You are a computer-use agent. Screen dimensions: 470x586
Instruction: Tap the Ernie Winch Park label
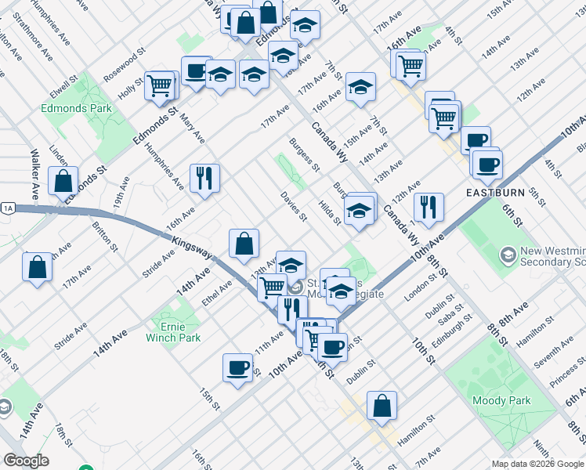(x=173, y=332)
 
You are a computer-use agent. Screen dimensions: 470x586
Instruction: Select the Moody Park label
(x=501, y=400)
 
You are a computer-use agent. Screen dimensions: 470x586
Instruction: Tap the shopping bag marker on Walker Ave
(x=63, y=181)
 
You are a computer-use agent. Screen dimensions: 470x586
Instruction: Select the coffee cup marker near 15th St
(x=237, y=367)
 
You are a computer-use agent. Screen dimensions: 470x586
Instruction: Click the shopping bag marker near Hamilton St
(x=382, y=406)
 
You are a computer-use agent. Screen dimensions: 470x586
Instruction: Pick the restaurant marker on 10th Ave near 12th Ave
(x=429, y=208)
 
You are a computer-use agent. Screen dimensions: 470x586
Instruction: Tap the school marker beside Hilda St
(x=360, y=210)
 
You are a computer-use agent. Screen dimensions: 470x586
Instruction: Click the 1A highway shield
(x=9, y=208)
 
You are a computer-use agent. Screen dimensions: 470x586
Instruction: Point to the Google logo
(x=26, y=461)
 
